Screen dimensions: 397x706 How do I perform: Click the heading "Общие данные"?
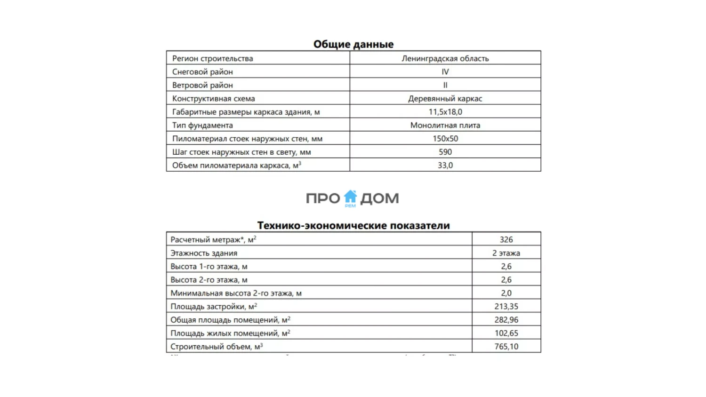(x=353, y=44)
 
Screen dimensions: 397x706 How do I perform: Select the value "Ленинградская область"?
(x=445, y=58)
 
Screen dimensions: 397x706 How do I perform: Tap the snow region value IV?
(x=445, y=71)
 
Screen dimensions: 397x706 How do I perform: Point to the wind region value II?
(x=445, y=85)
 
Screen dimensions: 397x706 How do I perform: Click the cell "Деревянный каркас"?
(x=445, y=98)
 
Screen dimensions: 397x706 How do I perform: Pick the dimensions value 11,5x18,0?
(x=445, y=112)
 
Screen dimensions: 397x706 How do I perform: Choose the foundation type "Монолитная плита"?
(x=445, y=125)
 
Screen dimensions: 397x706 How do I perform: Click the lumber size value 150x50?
(x=445, y=139)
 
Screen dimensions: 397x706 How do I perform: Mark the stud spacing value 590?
(x=445, y=152)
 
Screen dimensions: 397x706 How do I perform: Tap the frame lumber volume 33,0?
(x=445, y=166)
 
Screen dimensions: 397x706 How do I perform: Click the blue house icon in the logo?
(x=350, y=197)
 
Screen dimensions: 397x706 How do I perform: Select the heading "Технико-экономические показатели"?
(x=353, y=226)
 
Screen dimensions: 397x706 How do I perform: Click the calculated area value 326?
(x=506, y=239)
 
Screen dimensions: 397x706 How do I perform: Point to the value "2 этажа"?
(x=506, y=253)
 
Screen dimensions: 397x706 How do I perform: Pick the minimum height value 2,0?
(x=506, y=293)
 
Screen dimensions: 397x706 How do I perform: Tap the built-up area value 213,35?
(x=506, y=306)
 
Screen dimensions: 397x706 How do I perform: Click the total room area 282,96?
(x=506, y=320)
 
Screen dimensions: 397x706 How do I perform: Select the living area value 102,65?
(x=506, y=333)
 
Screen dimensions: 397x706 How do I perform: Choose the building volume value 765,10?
(x=506, y=347)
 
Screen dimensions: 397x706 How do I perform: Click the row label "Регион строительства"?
(x=213, y=58)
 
